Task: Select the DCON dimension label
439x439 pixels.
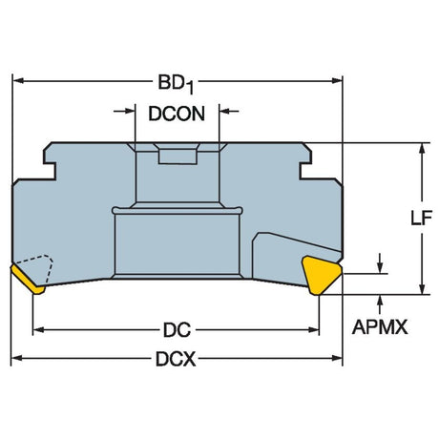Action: click(x=177, y=114)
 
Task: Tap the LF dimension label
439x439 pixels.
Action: click(x=422, y=219)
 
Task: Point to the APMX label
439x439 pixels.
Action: click(x=380, y=327)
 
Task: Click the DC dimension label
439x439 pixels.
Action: click(x=177, y=330)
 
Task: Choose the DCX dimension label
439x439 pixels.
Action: click(x=176, y=359)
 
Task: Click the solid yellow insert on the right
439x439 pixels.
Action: click(x=322, y=276)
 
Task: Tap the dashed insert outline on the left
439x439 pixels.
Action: click(x=35, y=268)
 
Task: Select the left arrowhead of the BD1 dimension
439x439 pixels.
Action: click(x=18, y=80)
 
